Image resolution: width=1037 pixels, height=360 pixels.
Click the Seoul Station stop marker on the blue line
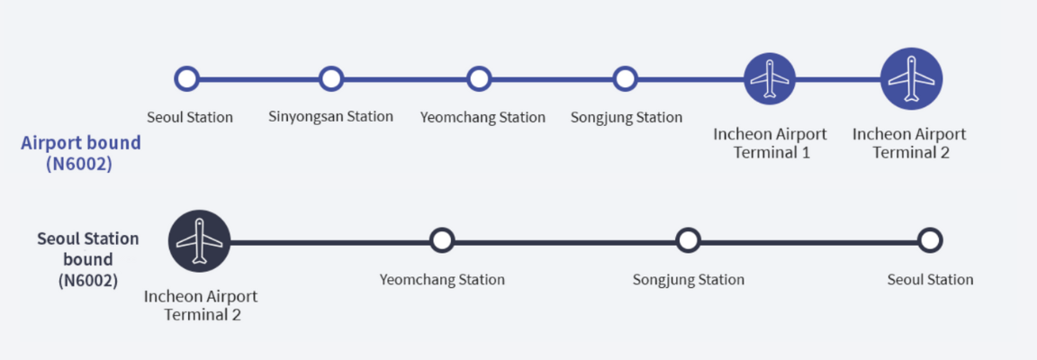click(x=186, y=79)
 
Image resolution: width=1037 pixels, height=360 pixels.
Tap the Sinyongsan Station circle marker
click(x=331, y=79)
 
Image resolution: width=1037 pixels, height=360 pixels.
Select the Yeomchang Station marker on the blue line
click(x=480, y=79)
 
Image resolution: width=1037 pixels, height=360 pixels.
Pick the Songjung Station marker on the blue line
click(x=626, y=79)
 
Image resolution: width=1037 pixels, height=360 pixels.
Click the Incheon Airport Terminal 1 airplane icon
click(x=770, y=79)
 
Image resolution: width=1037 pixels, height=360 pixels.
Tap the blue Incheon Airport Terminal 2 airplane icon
click(x=911, y=77)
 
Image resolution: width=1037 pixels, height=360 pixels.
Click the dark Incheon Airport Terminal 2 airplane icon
click(x=200, y=241)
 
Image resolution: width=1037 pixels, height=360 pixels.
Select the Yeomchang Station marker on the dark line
click(x=441, y=240)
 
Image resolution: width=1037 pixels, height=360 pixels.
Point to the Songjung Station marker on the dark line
click(x=688, y=240)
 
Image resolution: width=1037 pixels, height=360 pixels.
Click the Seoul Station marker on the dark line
click(x=930, y=240)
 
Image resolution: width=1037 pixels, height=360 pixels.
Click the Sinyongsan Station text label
click(x=330, y=116)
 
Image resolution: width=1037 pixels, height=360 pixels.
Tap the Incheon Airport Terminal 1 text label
click(x=771, y=143)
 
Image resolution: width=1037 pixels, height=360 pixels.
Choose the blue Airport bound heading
click(x=81, y=143)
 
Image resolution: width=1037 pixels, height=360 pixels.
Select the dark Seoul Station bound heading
click(x=88, y=249)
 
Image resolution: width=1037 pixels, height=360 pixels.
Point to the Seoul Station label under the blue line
click(x=190, y=117)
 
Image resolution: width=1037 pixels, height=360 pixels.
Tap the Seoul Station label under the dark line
click(x=930, y=279)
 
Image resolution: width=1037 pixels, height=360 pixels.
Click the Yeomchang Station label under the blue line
click(x=482, y=117)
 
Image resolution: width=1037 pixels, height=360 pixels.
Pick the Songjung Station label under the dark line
click(x=689, y=279)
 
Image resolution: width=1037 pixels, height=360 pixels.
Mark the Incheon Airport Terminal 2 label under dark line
click(x=201, y=305)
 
